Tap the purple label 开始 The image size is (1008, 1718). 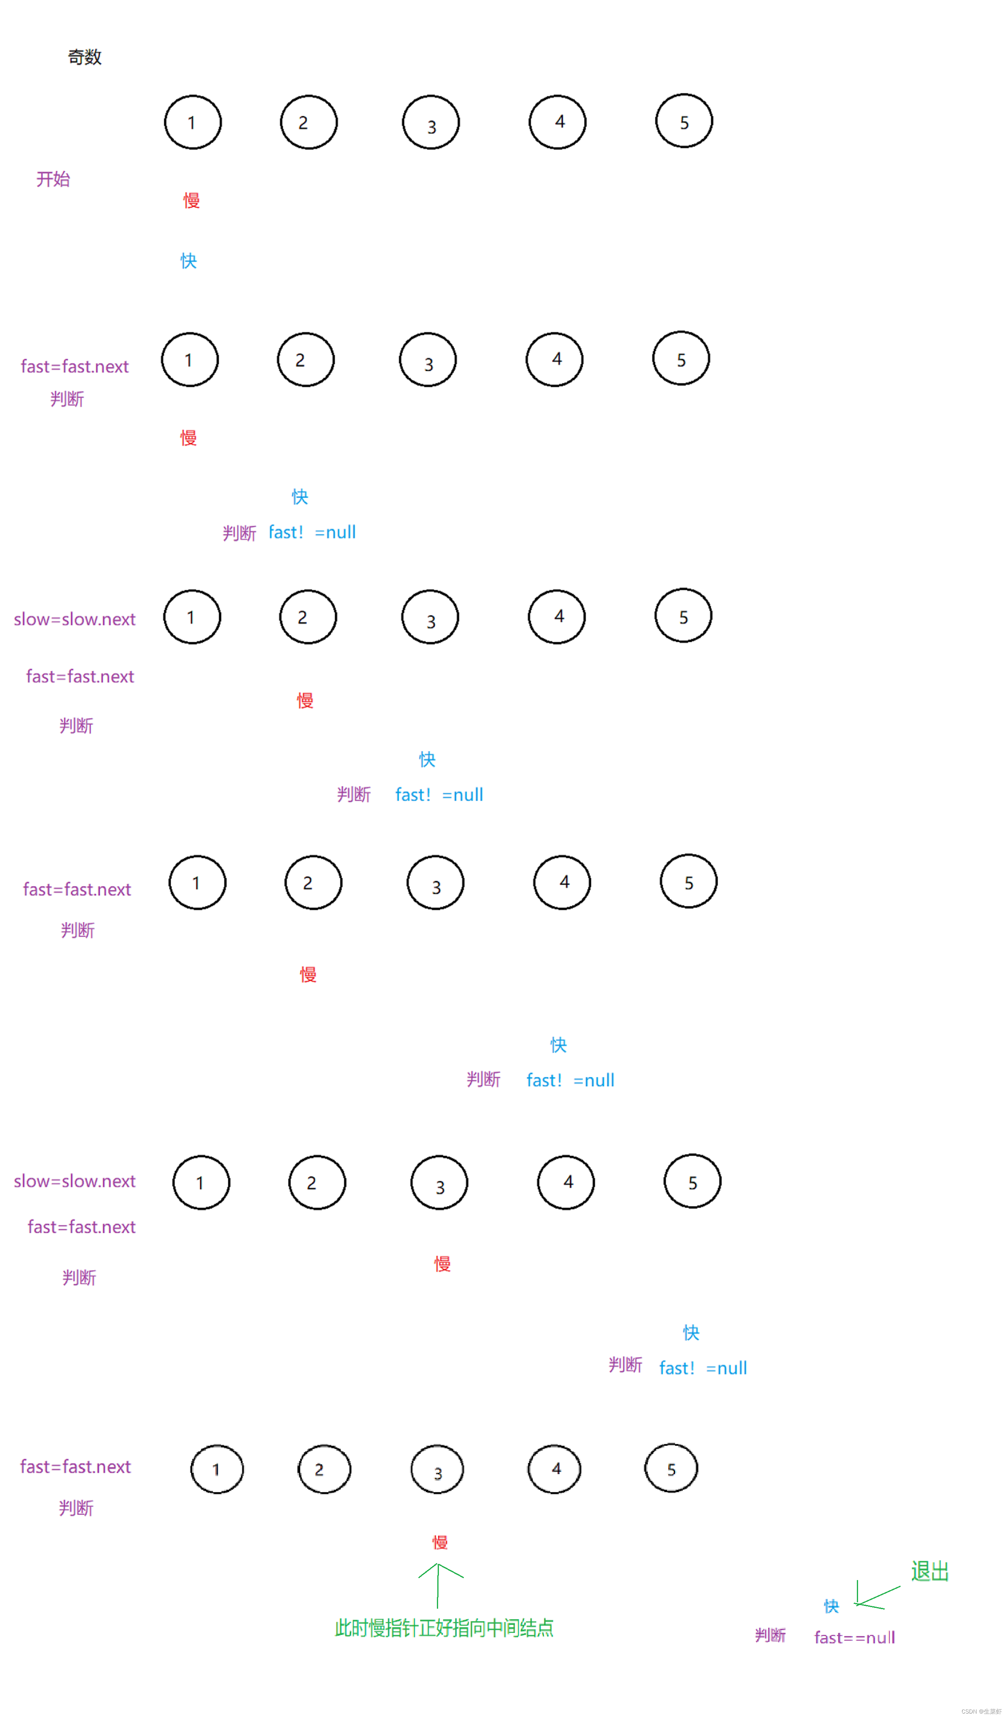point(53,179)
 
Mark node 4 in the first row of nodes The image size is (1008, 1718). point(557,123)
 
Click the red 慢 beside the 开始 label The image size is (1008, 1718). point(191,200)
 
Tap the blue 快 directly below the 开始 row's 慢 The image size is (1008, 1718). point(189,261)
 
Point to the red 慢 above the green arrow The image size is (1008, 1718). point(440,1543)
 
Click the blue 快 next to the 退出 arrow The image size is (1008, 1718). point(831,1606)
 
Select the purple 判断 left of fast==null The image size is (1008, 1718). point(770,1635)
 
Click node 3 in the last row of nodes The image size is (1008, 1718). point(437,1470)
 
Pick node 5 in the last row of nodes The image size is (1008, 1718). point(671,1468)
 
